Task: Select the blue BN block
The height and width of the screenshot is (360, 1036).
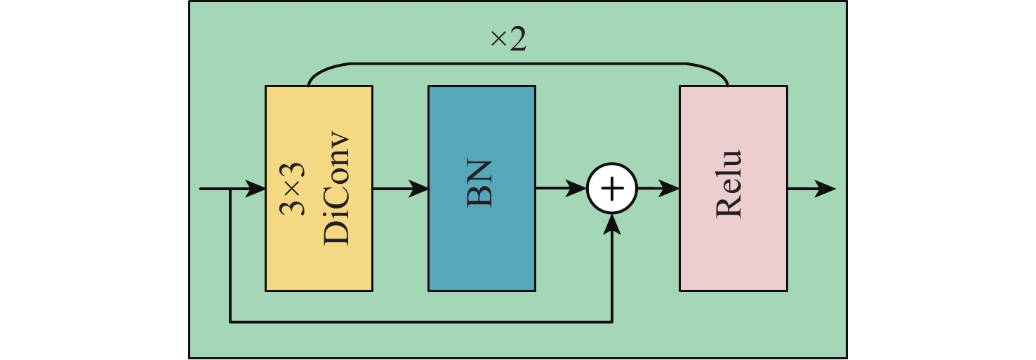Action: click(482, 246)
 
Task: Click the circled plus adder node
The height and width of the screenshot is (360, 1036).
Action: click(613, 189)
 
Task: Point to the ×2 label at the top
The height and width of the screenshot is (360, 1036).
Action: click(508, 41)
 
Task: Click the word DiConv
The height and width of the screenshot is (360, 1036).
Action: click(337, 189)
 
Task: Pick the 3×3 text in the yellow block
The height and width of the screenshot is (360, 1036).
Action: click(295, 189)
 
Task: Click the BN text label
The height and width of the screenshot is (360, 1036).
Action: click(481, 184)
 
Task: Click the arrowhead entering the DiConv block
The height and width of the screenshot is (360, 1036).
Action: click(257, 189)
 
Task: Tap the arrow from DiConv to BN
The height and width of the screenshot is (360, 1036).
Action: click(400, 189)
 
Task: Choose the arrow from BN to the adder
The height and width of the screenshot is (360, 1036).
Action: click(562, 189)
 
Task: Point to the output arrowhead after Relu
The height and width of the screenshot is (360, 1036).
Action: click(827, 189)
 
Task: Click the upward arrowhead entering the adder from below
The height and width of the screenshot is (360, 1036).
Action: click(613, 222)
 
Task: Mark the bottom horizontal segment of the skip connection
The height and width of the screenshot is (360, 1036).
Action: click(421, 323)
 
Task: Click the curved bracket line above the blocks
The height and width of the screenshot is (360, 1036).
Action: click(518, 63)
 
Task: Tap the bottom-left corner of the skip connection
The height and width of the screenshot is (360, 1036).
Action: click(231, 323)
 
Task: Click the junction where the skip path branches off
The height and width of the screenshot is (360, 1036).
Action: click(231, 189)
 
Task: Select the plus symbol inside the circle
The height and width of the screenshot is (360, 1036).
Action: click(613, 189)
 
